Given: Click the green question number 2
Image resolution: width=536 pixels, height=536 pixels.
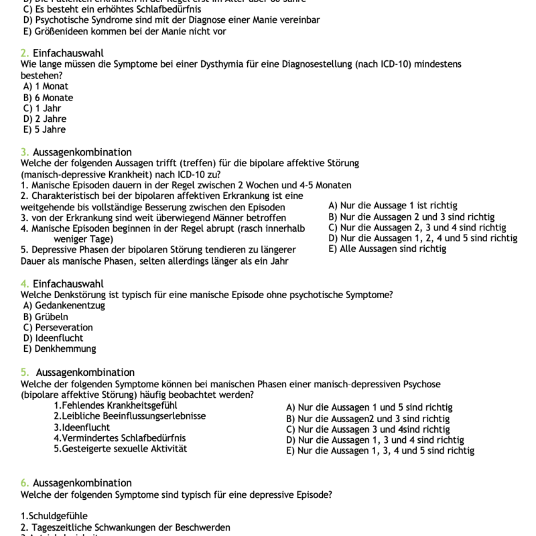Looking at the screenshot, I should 24,53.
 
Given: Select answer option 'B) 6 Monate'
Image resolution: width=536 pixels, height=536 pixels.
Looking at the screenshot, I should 48,97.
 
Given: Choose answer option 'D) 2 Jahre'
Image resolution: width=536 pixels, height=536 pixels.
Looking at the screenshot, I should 44,119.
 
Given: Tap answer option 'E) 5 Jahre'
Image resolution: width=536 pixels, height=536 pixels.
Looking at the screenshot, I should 44,129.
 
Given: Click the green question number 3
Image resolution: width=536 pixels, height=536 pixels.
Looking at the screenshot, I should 24,152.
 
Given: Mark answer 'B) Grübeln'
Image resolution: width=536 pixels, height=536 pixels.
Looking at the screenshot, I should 46,316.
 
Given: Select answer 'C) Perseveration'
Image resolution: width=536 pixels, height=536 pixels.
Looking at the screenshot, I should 58,327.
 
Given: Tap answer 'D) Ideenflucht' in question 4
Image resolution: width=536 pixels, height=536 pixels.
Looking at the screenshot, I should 53,338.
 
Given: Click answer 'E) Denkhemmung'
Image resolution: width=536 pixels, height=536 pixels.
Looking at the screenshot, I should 60,348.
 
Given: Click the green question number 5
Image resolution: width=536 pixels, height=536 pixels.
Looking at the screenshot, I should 24,372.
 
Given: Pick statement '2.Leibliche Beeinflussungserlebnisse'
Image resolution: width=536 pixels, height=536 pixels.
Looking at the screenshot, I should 129,416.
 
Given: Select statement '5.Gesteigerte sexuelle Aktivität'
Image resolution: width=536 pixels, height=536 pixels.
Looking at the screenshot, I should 120,448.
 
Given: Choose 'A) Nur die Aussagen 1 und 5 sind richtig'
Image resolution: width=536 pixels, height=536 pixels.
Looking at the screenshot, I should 369,407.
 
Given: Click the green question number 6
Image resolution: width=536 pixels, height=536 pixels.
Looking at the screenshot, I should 24,482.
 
